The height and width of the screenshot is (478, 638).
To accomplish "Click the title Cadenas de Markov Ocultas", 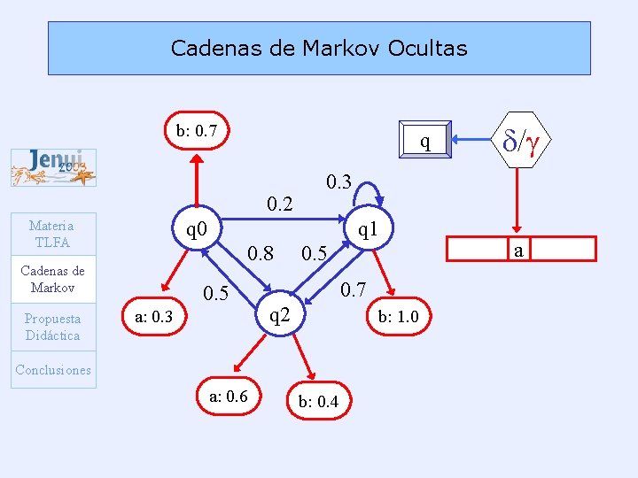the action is pos(319,48).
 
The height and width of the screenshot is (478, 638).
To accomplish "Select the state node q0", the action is pos(197,232).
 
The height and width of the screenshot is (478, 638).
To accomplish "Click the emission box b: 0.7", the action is pos(197,132).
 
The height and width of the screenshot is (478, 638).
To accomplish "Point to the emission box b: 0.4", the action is pos(318,402).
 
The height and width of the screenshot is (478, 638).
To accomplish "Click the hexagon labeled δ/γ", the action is pos(521,140).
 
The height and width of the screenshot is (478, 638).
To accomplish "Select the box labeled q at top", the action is pos(425,141).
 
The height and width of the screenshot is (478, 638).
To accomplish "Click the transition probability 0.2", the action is pos(279,204).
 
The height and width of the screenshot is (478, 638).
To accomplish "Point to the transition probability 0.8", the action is pos(259,254).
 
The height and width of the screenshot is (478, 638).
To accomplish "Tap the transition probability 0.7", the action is pos(354,289).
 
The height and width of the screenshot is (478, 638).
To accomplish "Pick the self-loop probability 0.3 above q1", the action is pos(338,182).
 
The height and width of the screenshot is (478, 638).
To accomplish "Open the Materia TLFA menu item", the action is pos(51,234).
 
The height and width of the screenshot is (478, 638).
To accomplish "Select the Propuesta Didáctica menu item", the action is pos(51,327).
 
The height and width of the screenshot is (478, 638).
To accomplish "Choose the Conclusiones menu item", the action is pos(52,370).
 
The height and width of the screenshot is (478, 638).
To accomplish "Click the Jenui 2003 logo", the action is pos(53,168).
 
